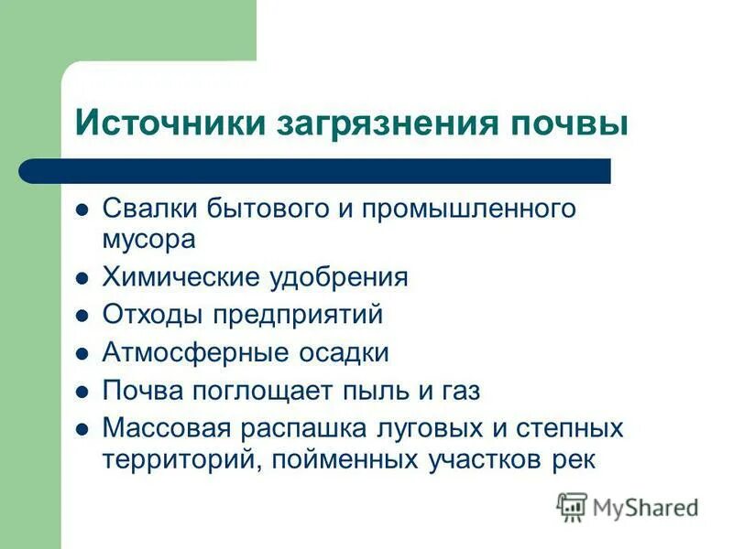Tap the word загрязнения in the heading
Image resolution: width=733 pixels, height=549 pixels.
pos(384,124)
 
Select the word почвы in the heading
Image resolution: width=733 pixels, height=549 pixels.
pos(570,124)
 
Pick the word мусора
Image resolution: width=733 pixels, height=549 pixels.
pos(148,240)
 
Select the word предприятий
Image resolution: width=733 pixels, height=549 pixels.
pos(297,316)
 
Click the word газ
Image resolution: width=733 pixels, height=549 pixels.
pos(458,391)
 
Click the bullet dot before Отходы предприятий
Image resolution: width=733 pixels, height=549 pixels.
pos(82,316)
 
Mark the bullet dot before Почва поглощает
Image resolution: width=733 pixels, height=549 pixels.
pos(82,391)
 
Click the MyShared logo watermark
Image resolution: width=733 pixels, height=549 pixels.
pos(627,506)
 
